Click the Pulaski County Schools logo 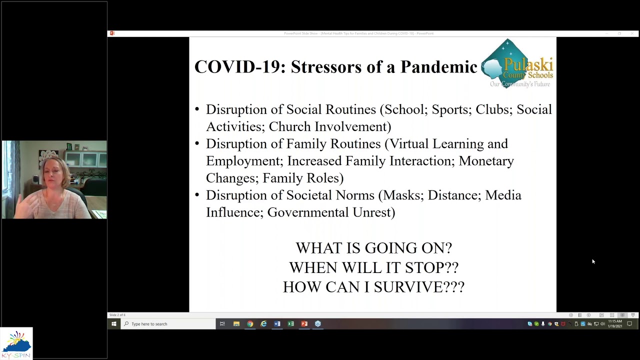[517, 64]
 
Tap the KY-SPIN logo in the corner [16, 343]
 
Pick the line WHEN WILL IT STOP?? [373, 267]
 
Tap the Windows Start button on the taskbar [114, 324]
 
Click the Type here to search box [170, 324]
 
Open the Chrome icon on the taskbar [250, 324]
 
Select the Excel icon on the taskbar [290, 324]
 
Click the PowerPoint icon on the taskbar [304, 324]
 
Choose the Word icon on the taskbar [277, 324]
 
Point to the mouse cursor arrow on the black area [593, 261]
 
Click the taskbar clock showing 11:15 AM [615, 324]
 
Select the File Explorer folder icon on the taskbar [236, 324]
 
